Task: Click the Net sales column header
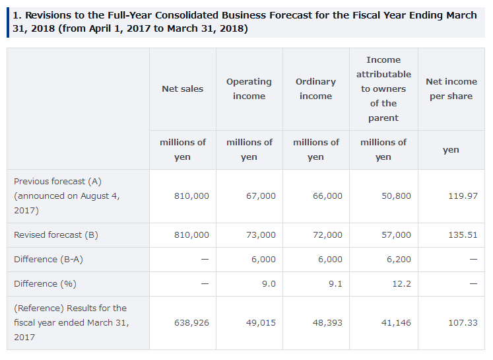(182, 89)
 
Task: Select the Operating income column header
(249, 89)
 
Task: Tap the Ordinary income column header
(315, 89)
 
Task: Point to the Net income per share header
(451, 89)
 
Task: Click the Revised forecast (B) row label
(56, 234)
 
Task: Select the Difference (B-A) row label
(48, 259)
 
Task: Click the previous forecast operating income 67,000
(261, 196)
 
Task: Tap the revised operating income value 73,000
(261, 234)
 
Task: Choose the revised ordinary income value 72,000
(327, 234)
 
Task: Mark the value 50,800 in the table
(396, 196)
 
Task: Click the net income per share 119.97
(463, 196)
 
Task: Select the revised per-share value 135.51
(463, 234)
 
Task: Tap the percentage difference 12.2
(402, 283)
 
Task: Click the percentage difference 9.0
(269, 283)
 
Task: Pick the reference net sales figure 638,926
(191, 322)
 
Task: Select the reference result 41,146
(396, 322)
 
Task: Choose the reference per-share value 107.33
(463, 322)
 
